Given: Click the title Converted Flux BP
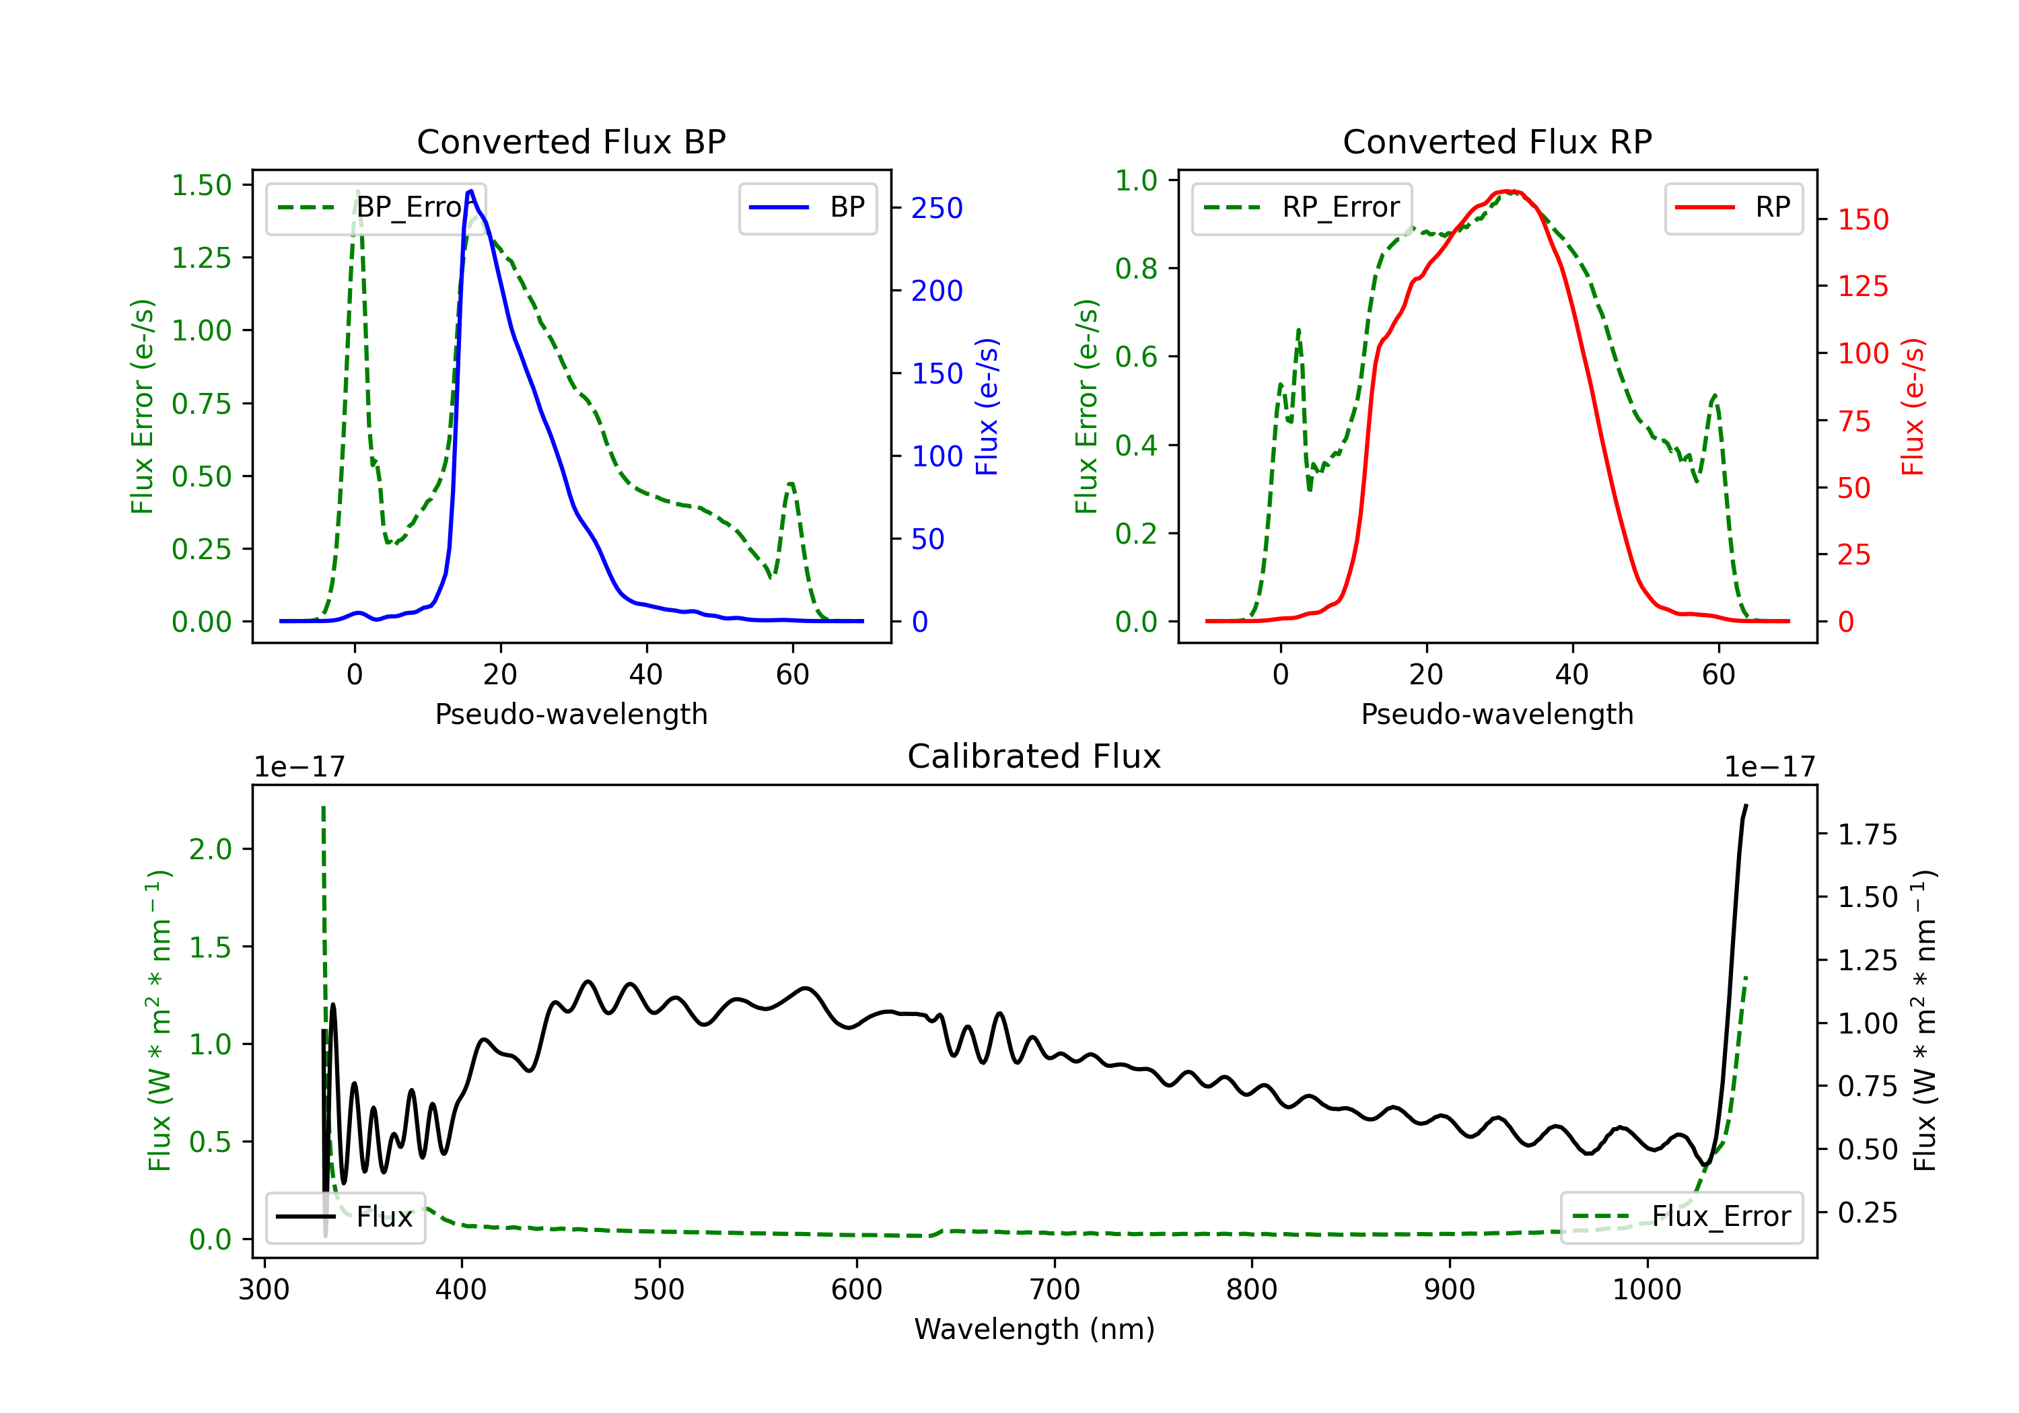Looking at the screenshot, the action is (571, 141).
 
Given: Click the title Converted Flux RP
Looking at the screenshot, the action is (1497, 141).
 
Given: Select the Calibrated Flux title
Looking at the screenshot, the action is (1034, 756).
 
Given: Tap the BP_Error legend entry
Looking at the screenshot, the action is (376, 207).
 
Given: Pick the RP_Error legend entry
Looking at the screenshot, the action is (1302, 207).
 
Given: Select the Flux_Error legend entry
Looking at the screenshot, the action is (1681, 1217).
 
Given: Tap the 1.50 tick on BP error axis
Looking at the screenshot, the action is (201, 186).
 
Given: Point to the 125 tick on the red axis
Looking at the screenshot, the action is (1862, 287).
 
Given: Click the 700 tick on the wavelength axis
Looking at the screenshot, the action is (1053, 1290).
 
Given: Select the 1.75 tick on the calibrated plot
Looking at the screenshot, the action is (1868, 834).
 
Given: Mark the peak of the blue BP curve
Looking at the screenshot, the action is (471, 191).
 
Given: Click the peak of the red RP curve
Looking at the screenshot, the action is (1508, 191).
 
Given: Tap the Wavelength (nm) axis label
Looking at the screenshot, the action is (1034, 1330).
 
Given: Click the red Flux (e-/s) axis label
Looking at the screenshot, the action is (1913, 407).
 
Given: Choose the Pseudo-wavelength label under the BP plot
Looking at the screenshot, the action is (571, 714).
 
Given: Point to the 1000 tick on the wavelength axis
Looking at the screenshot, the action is (1646, 1290).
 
